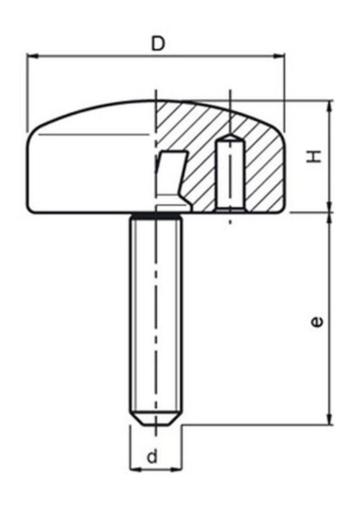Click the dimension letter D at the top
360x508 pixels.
coord(158,44)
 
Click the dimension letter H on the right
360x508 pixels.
coord(314,156)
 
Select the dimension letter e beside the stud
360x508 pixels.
coord(316,322)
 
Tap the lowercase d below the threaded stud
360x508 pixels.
coord(152,457)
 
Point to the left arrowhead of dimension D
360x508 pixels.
coord(33,56)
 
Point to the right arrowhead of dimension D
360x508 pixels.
coord(279,56)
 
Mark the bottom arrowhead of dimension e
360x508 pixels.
coord(330,418)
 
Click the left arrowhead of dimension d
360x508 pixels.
coord(136,469)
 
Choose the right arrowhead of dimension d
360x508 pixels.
coord(177,469)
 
